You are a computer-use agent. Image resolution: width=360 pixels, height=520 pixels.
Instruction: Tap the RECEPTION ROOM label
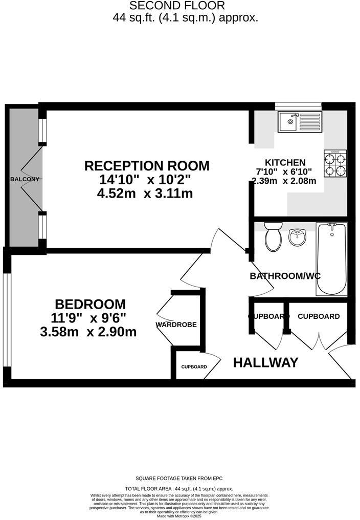click(147, 166)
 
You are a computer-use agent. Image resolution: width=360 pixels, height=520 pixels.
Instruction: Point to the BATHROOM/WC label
click(285, 276)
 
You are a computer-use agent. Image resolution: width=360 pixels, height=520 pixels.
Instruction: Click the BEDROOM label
click(91, 304)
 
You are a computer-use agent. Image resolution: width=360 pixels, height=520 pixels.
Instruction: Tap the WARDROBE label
click(176, 324)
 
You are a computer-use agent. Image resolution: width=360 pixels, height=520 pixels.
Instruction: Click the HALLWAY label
click(265, 363)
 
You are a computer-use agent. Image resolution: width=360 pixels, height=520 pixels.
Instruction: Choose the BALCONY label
click(25, 179)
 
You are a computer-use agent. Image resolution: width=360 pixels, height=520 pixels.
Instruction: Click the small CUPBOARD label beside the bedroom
click(194, 367)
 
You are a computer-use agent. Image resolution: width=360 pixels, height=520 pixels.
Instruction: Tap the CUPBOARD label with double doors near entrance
click(318, 316)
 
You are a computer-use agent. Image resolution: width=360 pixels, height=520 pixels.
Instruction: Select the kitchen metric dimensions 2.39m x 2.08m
click(284, 181)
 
